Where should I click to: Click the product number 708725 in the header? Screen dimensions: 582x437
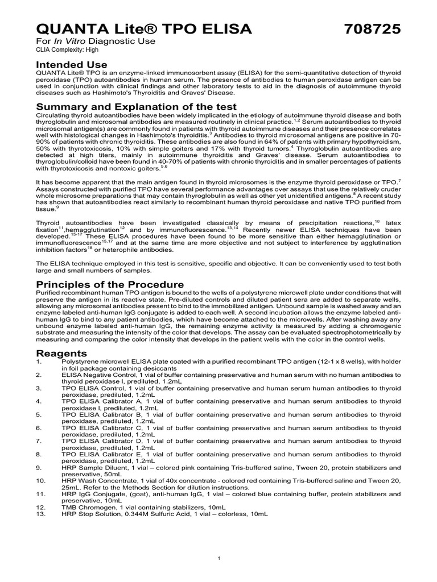pyautogui.click(x=373, y=29)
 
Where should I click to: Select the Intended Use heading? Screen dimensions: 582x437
pyautogui.click(x=71, y=65)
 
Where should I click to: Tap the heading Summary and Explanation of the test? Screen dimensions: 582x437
pyautogui.click(x=128, y=107)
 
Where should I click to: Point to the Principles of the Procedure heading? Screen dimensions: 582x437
pyautogui.click(x=110, y=284)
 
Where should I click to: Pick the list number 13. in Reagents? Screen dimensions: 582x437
pyautogui.click(x=40, y=513)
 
